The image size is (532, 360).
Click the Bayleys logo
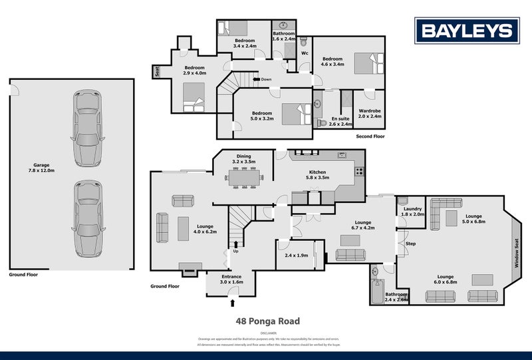tap(466, 30)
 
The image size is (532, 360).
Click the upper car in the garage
tap(87, 128)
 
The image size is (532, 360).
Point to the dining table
tap(245, 178)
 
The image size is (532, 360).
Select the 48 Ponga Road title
tap(268, 320)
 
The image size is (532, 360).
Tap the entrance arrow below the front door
tap(231, 303)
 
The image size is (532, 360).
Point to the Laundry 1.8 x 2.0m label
tap(412, 212)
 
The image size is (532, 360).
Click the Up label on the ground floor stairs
tap(235, 251)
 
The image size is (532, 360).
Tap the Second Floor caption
tap(370, 136)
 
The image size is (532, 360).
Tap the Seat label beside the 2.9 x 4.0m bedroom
tap(156, 70)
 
